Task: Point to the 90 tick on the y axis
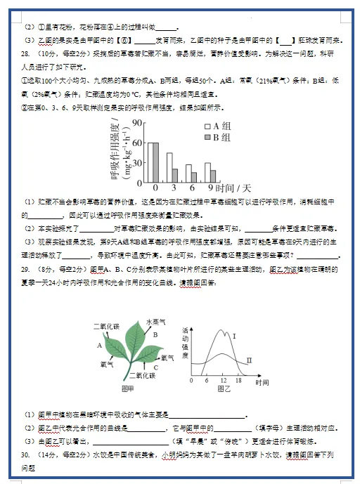tap(138, 122)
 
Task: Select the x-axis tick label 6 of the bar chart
tap(191, 189)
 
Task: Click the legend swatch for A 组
tap(207, 126)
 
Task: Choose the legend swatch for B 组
tap(207, 138)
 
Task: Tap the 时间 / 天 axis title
tap(233, 189)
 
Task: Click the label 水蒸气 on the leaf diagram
tap(155, 322)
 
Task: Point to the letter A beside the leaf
tap(100, 346)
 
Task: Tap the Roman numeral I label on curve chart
tap(233, 336)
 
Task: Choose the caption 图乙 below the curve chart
tap(225, 388)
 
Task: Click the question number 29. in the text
tap(26, 269)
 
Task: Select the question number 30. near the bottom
tap(26, 456)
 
